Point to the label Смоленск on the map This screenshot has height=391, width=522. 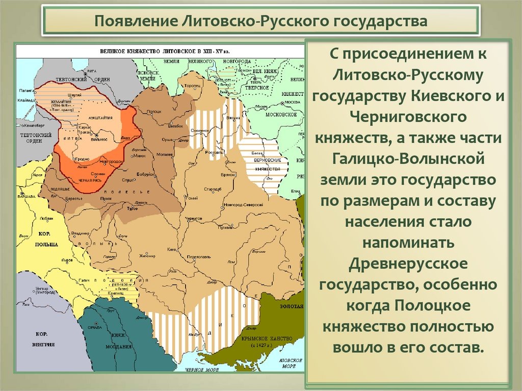point(198,130)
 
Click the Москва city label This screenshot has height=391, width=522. point(292,101)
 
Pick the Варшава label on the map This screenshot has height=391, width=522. point(27,196)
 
